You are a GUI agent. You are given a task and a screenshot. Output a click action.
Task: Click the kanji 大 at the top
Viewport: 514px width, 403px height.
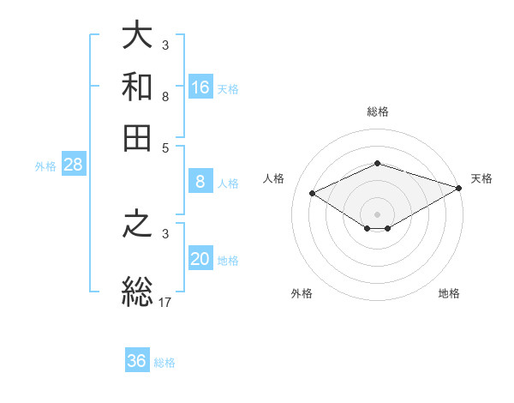tap(138, 36)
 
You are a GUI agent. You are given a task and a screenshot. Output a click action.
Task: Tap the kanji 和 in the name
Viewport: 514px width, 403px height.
tap(138, 87)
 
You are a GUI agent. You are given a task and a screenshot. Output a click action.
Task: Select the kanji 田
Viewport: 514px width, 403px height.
tap(138, 138)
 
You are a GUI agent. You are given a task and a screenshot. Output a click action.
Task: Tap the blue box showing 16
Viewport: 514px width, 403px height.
tap(200, 87)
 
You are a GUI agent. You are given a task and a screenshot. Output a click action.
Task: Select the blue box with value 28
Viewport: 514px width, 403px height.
tap(73, 165)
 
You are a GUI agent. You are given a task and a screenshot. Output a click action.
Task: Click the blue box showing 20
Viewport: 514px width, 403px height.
tap(200, 259)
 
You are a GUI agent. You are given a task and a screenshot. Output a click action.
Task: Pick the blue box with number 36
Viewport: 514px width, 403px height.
tap(137, 361)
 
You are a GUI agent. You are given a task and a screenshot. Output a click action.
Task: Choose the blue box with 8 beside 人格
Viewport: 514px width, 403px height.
tap(200, 182)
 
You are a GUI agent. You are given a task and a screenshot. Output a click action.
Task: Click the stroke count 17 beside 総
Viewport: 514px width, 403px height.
tap(165, 301)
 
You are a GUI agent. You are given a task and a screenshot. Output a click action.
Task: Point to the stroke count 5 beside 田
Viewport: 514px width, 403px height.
tap(165, 147)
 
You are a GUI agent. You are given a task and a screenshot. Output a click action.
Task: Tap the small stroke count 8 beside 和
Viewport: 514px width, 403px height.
tap(165, 97)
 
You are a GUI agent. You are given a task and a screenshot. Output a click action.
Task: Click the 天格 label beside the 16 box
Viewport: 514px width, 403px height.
tap(228, 88)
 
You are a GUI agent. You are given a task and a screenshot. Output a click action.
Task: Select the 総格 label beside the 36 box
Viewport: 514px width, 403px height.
tap(164, 363)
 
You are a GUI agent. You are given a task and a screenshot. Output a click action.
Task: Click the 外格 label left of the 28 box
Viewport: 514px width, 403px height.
tap(45, 166)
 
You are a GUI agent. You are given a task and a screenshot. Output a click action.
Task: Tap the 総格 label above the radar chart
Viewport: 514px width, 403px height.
tap(377, 111)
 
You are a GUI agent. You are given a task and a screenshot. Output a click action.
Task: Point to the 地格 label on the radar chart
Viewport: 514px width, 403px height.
tap(449, 293)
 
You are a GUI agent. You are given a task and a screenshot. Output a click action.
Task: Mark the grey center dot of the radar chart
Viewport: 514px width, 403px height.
tap(377, 213)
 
